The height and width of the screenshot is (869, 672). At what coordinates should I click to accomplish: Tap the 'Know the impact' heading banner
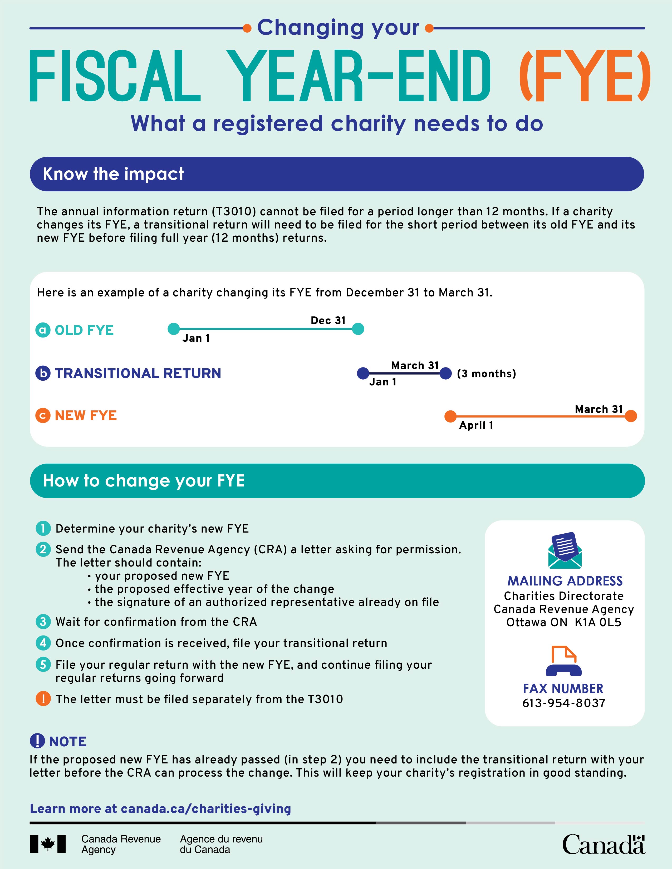point(336,174)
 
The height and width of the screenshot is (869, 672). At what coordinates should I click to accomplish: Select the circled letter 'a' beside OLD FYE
point(43,330)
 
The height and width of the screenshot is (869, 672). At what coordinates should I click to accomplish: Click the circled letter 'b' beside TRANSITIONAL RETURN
point(43,373)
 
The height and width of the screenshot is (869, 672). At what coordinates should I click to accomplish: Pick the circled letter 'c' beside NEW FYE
point(43,416)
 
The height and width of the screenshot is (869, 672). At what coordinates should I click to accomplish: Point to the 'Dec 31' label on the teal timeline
point(328,320)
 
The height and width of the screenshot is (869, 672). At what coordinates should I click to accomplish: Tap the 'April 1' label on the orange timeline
point(476,425)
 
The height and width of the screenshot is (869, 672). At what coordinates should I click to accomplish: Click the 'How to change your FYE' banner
point(336,481)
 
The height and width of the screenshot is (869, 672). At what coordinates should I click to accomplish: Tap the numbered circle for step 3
point(43,622)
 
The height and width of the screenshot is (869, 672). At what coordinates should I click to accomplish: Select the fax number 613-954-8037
point(564,703)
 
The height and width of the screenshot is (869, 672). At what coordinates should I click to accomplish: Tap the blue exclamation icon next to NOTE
point(37,741)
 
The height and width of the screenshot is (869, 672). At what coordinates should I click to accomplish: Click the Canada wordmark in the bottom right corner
point(604,844)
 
